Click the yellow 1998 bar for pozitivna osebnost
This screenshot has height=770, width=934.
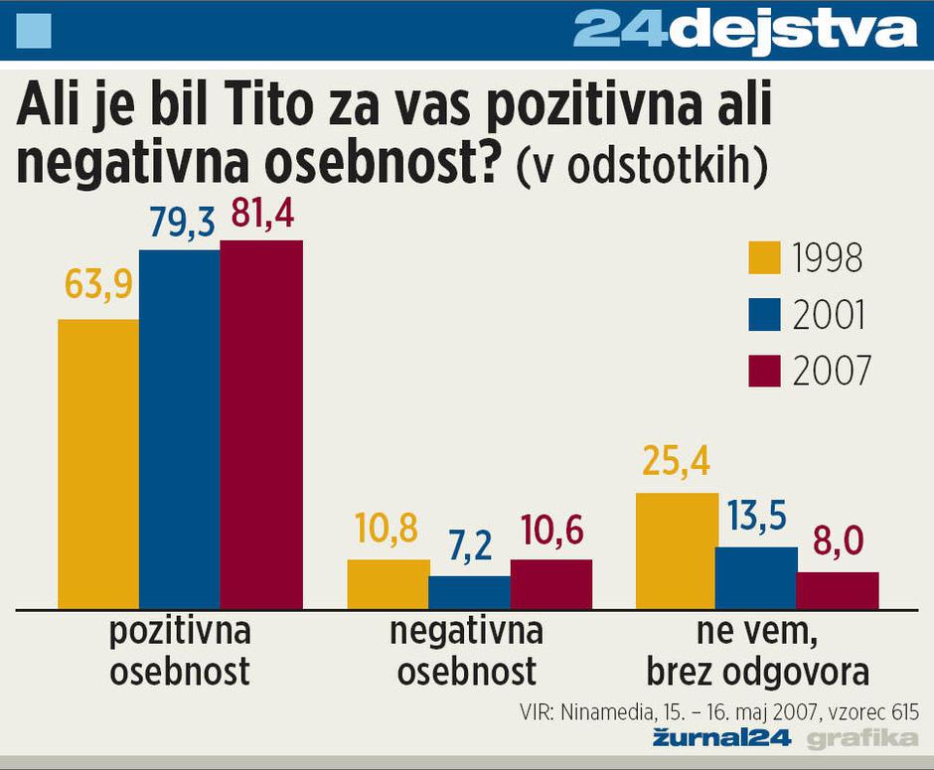point(98,463)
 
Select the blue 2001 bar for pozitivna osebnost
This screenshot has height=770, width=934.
point(180,428)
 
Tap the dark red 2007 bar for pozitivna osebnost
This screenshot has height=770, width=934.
point(261,423)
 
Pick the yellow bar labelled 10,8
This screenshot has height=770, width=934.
point(388,583)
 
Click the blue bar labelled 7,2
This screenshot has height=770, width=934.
point(469,592)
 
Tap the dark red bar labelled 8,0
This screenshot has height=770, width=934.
point(838,589)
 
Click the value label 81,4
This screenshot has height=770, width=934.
point(262,216)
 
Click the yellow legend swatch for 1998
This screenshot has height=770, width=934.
point(764,257)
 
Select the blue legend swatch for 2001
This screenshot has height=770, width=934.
point(764,314)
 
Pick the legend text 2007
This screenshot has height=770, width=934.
point(832,372)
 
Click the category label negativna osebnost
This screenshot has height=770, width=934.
point(467,651)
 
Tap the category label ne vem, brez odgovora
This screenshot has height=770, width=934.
point(757,651)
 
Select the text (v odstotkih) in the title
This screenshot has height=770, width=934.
point(641,167)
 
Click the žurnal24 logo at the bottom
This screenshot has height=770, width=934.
point(720,737)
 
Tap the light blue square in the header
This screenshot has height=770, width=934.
point(34,32)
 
